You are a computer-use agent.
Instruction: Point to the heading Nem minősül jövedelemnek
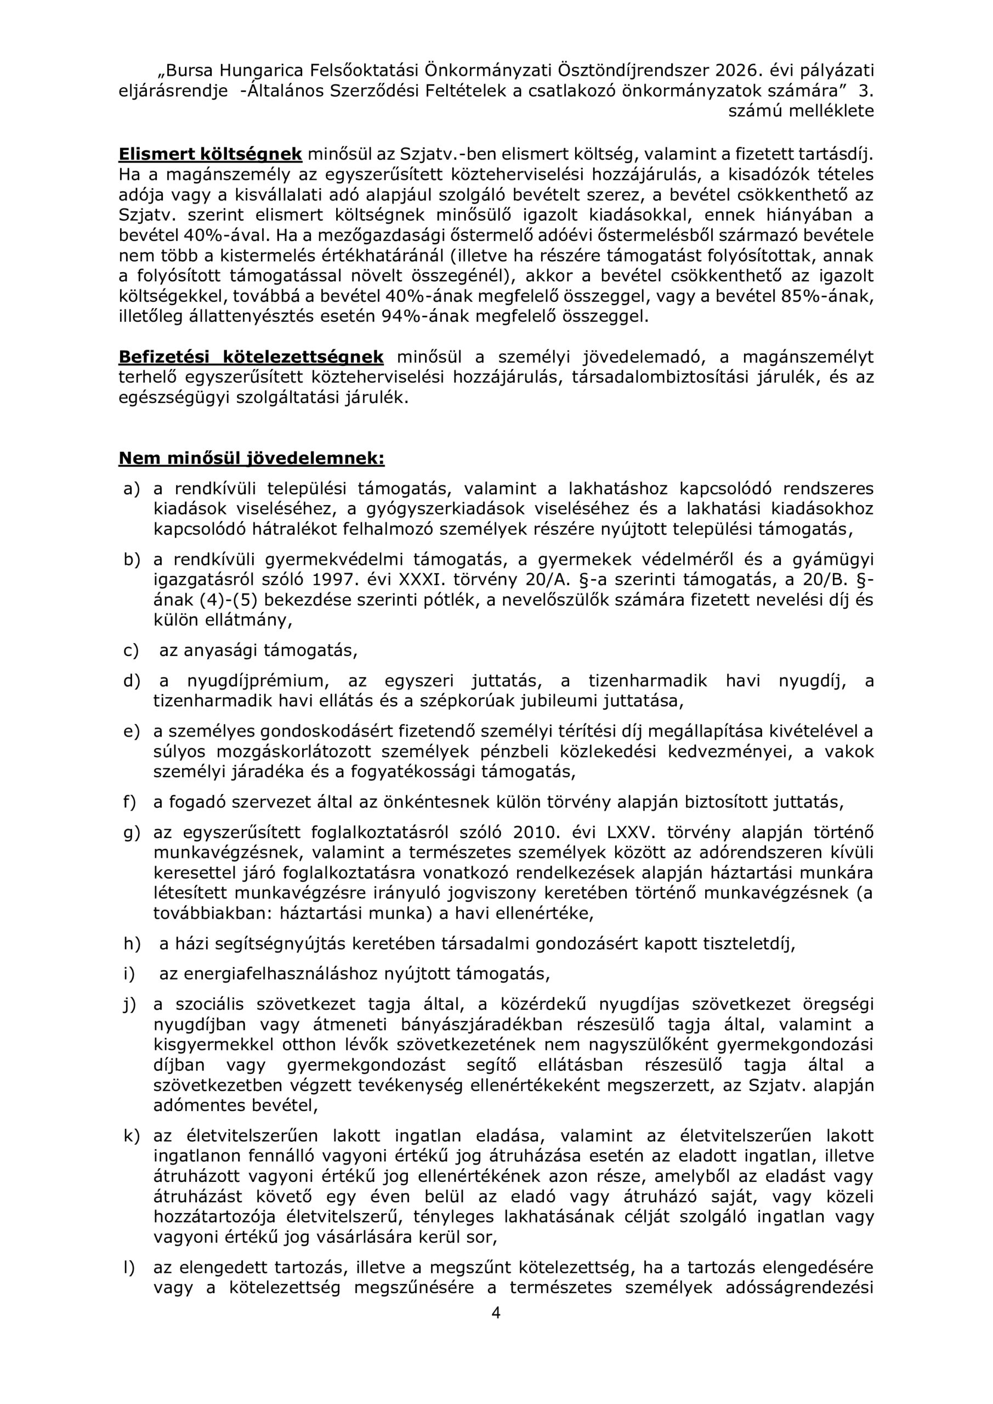[x=251, y=458]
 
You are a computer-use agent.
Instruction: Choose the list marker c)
[x=132, y=650]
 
